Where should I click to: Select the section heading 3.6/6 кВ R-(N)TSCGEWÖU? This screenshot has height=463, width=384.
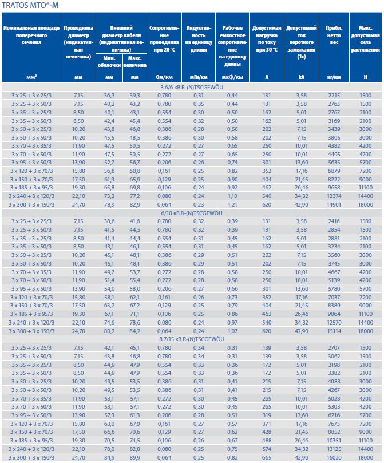(x=192, y=86)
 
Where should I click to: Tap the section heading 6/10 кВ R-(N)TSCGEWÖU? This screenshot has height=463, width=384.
(x=192, y=212)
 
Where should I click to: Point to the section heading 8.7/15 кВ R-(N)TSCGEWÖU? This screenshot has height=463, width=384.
(x=192, y=339)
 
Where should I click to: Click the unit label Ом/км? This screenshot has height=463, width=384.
(x=164, y=77)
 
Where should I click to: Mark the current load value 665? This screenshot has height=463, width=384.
(x=267, y=458)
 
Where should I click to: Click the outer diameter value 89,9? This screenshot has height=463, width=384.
(x=135, y=458)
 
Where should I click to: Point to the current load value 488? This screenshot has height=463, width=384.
(x=267, y=441)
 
